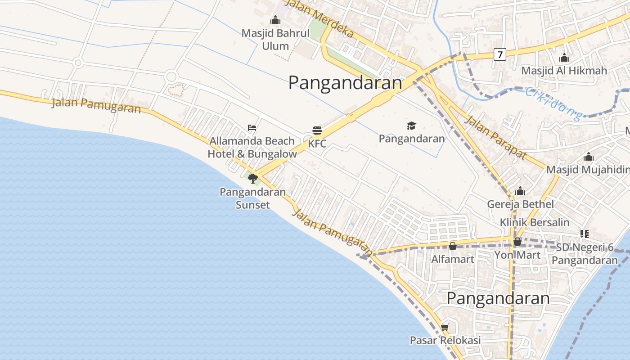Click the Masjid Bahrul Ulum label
click(275, 40)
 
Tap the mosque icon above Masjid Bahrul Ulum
click(275, 20)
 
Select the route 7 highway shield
click(499, 54)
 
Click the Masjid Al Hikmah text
click(564, 71)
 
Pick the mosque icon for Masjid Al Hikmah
click(564, 58)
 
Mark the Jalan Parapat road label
click(495, 137)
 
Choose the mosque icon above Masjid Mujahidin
click(588, 157)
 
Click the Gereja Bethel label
click(521, 204)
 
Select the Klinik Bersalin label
click(535, 222)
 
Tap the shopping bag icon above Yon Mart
click(517, 242)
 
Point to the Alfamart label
click(453, 259)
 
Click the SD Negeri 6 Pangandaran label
click(585, 254)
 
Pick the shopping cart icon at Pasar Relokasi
click(445, 328)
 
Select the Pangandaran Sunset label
click(252, 198)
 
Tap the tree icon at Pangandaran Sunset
click(252, 179)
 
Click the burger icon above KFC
click(317, 131)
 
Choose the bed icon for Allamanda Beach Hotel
click(252, 128)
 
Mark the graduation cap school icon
click(411, 126)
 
